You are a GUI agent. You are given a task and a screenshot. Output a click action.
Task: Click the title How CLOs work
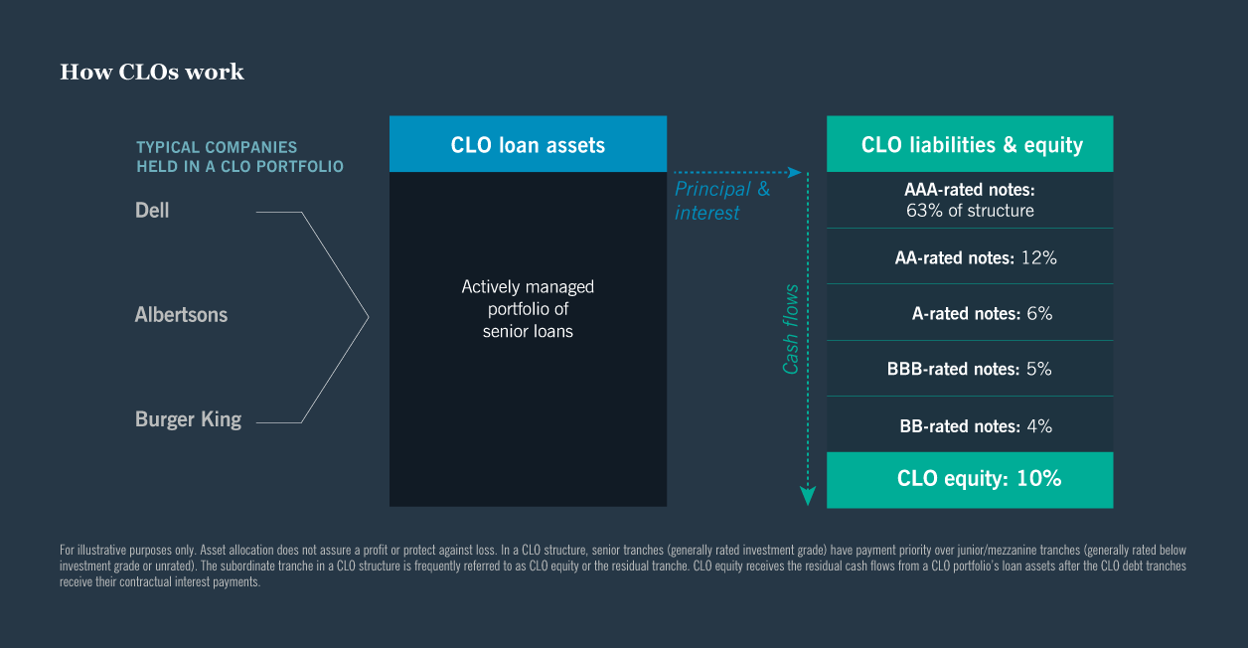tap(151, 73)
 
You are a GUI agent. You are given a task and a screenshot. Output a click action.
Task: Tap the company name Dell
tap(152, 211)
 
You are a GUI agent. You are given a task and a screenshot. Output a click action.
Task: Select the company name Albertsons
tap(181, 315)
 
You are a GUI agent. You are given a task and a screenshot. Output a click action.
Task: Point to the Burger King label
tap(188, 419)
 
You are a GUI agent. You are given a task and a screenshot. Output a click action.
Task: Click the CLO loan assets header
tap(528, 145)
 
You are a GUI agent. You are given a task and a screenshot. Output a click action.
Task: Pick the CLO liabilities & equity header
tap(970, 145)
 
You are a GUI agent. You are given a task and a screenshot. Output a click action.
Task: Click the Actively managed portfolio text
tap(528, 309)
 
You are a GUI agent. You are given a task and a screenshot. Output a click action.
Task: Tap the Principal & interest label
tap(721, 201)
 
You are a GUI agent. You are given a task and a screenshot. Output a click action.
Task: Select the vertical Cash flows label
tap(791, 330)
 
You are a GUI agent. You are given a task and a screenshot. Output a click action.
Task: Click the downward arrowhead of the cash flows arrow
tap(808, 496)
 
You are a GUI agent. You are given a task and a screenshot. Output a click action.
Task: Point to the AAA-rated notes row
tap(970, 200)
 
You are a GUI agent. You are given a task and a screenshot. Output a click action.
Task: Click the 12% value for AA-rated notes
tap(1037, 257)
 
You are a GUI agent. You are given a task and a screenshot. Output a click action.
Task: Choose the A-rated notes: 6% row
tap(981, 313)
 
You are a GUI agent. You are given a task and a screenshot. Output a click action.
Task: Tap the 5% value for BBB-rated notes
tap(1038, 369)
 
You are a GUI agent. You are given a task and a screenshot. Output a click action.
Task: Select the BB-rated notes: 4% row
tap(975, 426)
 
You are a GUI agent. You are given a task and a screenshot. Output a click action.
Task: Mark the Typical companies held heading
tap(239, 157)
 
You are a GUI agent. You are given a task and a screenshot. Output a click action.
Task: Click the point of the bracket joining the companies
tap(368, 317)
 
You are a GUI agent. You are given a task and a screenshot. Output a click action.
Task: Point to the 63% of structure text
tap(970, 211)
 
